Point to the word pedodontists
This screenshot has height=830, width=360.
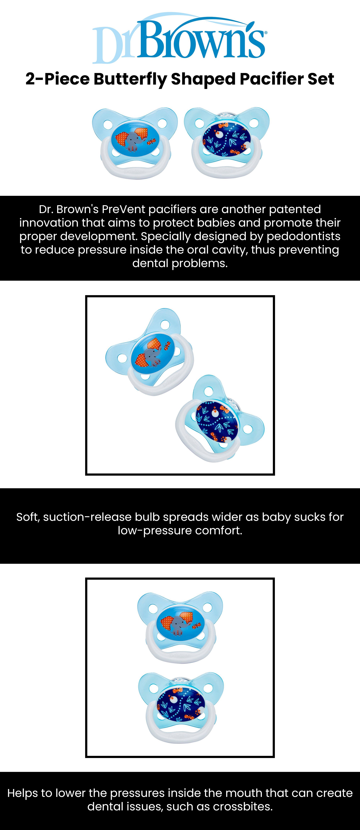point(304,236)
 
